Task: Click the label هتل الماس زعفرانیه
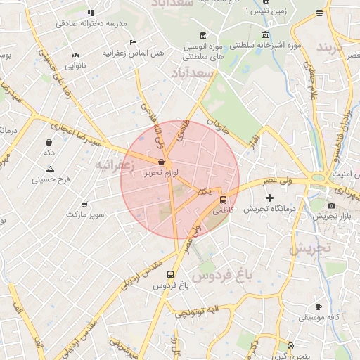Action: (133, 53)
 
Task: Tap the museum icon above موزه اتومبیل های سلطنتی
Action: (202, 36)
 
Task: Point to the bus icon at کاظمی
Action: (224, 199)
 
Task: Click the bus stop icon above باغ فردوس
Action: (170, 275)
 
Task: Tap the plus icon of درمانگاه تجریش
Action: (269, 198)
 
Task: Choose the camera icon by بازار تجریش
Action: (331, 205)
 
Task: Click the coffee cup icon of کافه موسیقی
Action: (319, 307)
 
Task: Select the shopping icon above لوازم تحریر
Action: (161, 162)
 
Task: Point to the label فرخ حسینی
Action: (51, 179)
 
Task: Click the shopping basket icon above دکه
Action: (49, 141)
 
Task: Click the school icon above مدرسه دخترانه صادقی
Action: (91, 13)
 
